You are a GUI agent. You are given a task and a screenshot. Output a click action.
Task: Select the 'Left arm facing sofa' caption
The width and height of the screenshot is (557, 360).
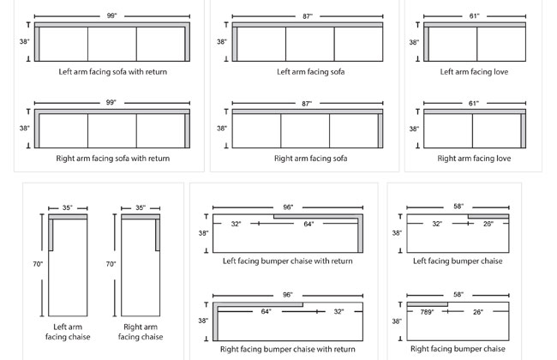[x=310, y=72]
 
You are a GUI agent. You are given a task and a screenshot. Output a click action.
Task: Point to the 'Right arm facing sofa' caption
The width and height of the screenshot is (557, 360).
[x=310, y=159]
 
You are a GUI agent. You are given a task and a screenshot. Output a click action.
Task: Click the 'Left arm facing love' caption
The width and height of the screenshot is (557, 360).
[x=474, y=72]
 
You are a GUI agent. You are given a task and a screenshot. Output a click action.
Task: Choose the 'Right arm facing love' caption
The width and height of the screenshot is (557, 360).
[x=474, y=159]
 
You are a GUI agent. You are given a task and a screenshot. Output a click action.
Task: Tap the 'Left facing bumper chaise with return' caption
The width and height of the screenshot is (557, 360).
[x=287, y=261]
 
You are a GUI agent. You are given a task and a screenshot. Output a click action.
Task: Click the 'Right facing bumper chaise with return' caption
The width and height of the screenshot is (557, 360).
[x=287, y=349]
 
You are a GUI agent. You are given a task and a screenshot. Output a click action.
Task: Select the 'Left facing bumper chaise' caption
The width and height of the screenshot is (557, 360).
[x=458, y=261]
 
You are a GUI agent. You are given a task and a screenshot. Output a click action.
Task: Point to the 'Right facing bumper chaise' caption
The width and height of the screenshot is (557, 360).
[x=458, y=349]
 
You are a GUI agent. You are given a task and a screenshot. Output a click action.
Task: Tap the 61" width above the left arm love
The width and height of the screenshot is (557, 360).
[x=474, y=16]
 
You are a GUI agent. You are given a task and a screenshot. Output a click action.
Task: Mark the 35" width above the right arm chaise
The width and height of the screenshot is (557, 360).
[x=141, y=207]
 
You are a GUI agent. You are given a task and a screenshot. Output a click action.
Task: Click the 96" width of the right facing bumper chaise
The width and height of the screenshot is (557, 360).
[x=287, y=295]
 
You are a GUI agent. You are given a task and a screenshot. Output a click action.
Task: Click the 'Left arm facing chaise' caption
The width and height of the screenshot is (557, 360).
[x=68, y=332]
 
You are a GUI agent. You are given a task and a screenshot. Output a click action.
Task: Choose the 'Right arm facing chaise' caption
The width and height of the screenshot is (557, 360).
[x=141, y=332]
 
